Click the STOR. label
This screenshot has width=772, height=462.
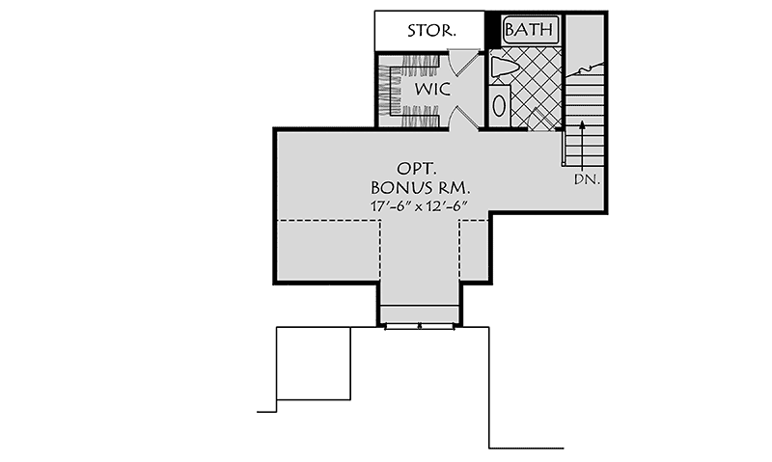point(431,31)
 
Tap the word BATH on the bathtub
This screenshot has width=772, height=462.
point(529,30)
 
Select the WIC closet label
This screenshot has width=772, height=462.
point(432,89)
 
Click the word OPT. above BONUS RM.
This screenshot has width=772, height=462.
point(417,169)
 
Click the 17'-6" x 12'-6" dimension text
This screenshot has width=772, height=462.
point(419,206)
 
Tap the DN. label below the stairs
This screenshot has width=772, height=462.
point(587,179)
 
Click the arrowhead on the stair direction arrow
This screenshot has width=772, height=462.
point(582,124)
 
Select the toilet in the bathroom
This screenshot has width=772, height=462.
point(503,68)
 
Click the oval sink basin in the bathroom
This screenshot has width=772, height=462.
point(499,105)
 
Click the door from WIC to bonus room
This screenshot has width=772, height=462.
point(465,118)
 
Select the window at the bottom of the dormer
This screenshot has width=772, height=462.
point(420,325)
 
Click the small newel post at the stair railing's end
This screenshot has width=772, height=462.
point(563,163)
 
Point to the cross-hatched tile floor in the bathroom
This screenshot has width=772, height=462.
point(537,89)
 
